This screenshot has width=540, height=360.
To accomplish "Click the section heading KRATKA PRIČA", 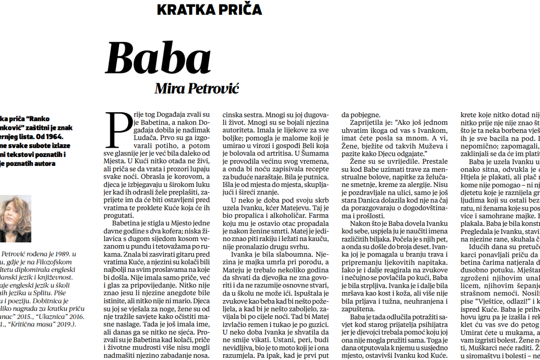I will [x=209, y=9].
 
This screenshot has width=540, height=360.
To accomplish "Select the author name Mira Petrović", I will [x=197, y=88].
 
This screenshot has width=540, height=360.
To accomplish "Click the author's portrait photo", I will [x=16, y=218].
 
